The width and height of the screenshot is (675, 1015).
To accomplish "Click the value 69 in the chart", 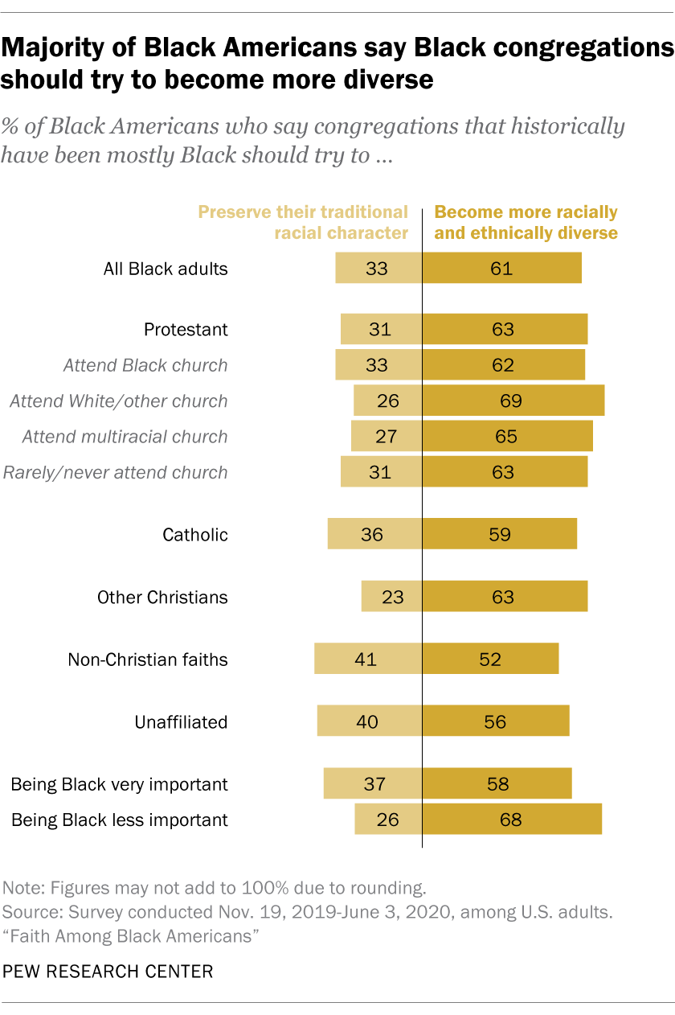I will click(x=511, y=401).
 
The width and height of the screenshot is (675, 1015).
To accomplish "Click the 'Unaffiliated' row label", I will click(x=181, y=722).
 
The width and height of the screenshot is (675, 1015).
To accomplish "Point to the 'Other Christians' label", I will click(x=162, y=598).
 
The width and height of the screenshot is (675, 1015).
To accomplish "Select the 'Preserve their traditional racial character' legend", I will click(x=303, y=223).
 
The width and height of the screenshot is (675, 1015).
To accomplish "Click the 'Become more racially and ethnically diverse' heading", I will click(x=526, y=223).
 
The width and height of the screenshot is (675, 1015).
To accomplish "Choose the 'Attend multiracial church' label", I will click(x=125, y=437).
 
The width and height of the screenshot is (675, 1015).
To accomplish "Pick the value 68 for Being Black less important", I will click(x=510, y=820).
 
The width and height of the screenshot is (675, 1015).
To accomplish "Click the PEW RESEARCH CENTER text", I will click(x=108, y=972).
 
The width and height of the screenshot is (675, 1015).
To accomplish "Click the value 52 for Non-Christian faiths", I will click(x=489, y=660).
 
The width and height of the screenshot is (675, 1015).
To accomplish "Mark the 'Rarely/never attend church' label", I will click(x=116, y=472).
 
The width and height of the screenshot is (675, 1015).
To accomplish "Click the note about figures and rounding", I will click(x=213, y=889).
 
